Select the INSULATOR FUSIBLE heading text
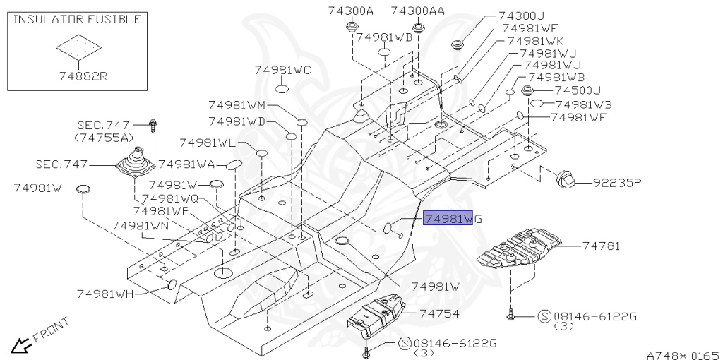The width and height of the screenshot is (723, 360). pyautogui.click(x=77, y=19)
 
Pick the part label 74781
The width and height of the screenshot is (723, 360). pyautogui.click(x=601, y=246)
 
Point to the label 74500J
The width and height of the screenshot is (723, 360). pyautogui.click(x=577, y=90)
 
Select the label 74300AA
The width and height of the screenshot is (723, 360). pyautogui.click(x=418, y=11)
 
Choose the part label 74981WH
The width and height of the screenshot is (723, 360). pyautogui.click(x=105, y=293)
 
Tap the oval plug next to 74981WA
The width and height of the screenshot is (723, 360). pyautogui.click(x=233, y=164)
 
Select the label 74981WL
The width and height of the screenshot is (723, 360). pyautogui.click(x=208, y=143)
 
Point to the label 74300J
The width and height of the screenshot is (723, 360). pyautogui.click(x=522, y=16)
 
